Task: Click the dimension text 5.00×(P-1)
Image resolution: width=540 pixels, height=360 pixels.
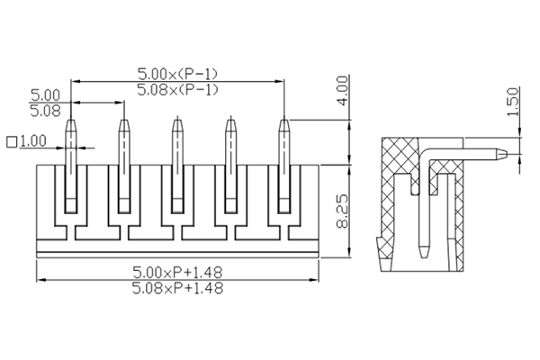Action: [176, 72]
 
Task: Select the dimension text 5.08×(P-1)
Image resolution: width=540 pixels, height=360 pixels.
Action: [176, 89]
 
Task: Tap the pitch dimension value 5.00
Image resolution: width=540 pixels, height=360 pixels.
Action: [45, 94]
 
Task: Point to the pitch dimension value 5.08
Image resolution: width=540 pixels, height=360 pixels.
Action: [45, 111]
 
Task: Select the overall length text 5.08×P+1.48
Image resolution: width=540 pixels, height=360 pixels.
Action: [177, 289]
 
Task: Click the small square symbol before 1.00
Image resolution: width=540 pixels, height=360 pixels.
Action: [12, 142]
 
